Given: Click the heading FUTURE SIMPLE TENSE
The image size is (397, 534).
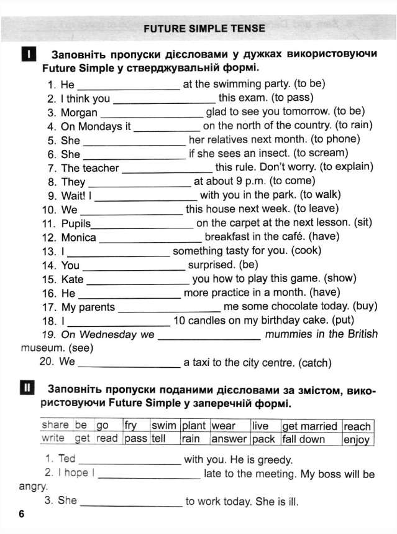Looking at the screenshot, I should click(204, 28).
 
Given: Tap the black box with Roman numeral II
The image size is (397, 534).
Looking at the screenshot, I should click(27, 390).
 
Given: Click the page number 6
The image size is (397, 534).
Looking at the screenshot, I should click(21, 514).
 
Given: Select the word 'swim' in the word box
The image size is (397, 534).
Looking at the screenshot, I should click(164, 426).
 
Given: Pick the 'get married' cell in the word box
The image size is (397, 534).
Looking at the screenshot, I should click(309, 426).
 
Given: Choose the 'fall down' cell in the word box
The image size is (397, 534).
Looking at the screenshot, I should click(303, 439).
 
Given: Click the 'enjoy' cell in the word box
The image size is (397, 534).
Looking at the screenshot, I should click(357, 439).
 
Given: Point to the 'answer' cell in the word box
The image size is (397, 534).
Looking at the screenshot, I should click(229, 439).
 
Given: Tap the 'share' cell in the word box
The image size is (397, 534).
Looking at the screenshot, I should click(55, 425).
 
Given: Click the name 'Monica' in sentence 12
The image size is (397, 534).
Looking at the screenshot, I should click(79, 237).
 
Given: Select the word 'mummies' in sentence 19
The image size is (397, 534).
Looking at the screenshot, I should click(288, 334).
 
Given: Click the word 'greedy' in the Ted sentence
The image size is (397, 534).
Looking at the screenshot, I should click(273, 460).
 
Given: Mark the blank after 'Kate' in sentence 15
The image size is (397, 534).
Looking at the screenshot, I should click(138, 283).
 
